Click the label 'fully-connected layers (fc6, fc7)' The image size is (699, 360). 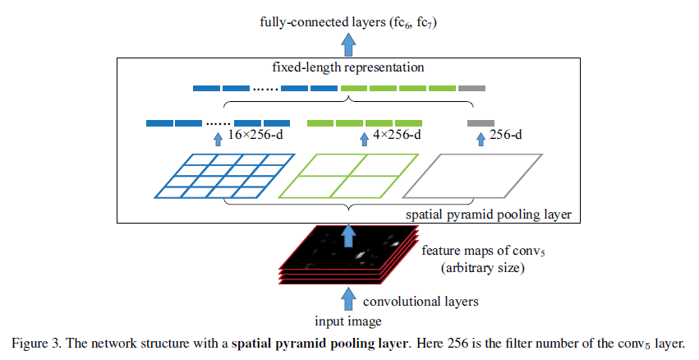point(349,23)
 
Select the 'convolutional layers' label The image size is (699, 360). point(421,301)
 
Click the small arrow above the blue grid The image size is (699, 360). point(218,139)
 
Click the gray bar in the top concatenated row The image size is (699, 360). point(471,88)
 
